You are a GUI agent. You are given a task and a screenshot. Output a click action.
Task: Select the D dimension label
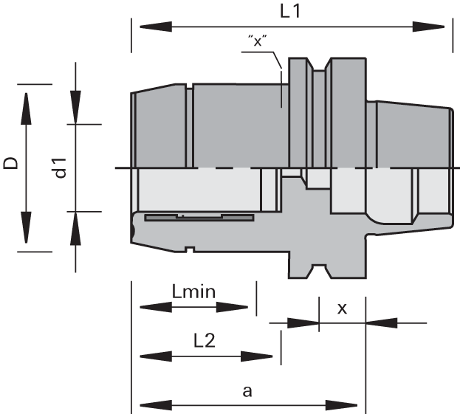click(10, 162)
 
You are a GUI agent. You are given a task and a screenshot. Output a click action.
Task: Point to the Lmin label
click(193, 291)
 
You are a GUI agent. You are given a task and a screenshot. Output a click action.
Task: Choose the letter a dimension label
click(247, 390)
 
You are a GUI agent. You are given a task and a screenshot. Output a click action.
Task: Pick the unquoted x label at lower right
click(342, 308)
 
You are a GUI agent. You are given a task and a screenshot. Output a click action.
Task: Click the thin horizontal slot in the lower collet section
click(199, 218)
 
